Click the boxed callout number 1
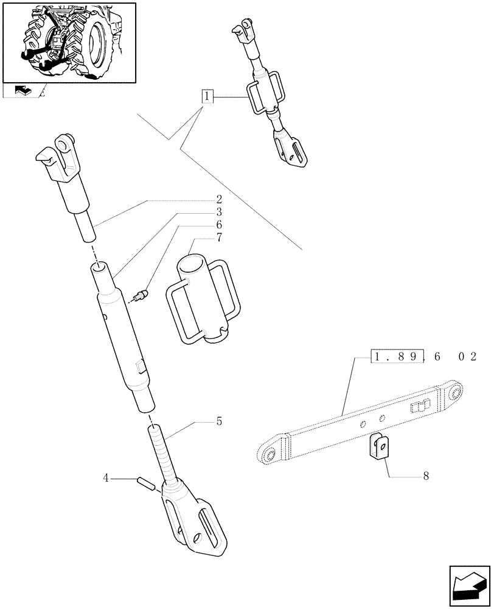208,96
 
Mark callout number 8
425,476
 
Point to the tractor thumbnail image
69,42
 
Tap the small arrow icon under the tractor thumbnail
23,91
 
